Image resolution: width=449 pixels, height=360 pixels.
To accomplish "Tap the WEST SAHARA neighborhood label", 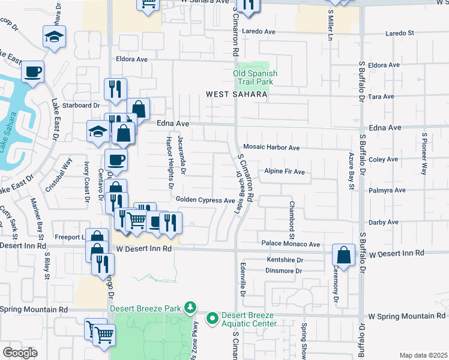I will [x=236, y=94].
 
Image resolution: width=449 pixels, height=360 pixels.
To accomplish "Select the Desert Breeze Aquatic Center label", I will [x=249, y=320].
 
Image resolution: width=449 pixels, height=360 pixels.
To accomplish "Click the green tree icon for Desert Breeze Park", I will [x=190, y=308].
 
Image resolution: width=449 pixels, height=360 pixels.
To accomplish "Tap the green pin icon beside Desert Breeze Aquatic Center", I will [x=212, y=318].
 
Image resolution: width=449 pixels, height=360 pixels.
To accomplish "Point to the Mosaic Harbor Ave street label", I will [x=271, y=147].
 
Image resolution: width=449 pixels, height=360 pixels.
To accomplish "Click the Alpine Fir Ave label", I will [x=285, y=172].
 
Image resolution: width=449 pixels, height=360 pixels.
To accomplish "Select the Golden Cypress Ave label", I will [x=205, y=200].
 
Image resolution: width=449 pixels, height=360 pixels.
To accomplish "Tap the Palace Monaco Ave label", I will [x=291, y=244].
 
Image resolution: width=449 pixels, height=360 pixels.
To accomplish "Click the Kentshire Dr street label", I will [x=283, y=260].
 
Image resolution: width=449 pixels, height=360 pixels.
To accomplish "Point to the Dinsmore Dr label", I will [x=283, y=271].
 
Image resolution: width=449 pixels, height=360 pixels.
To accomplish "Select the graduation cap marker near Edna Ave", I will [x=98, y=131].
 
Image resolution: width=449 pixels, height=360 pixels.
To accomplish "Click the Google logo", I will [x=20, y=353].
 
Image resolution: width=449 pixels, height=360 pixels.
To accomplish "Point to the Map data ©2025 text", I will [x=423, y=355].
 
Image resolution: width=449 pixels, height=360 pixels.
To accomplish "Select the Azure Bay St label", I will [x=352, y=170].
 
